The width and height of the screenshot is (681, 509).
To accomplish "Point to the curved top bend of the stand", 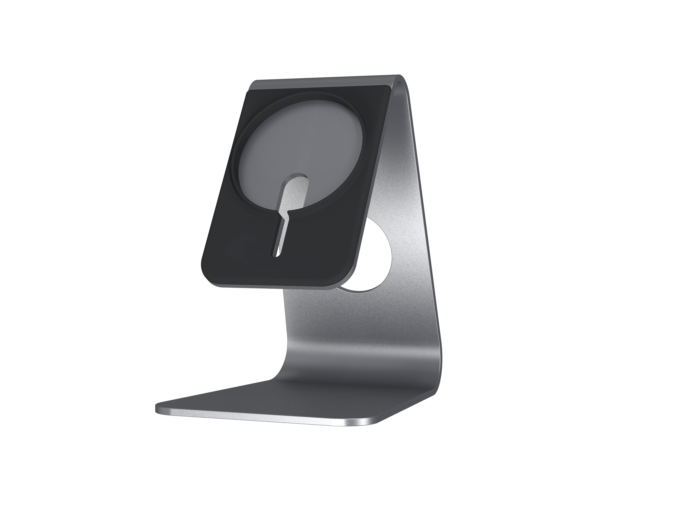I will pyautogui.click(x=402, y=79).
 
